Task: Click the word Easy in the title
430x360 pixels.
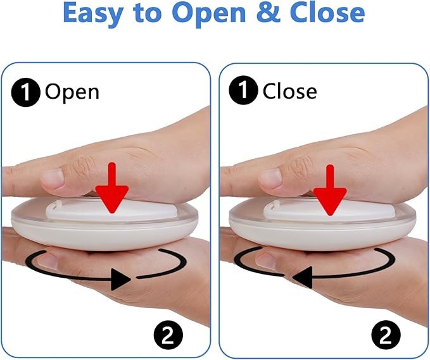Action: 92,13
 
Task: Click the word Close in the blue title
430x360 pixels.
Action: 327,13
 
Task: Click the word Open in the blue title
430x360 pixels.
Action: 209,15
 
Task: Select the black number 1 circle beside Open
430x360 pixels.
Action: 25,92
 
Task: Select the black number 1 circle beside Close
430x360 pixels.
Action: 243,90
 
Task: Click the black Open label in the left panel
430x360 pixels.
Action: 72,92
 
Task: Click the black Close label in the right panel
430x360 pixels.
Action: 289,90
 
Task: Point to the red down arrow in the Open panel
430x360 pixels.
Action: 112,188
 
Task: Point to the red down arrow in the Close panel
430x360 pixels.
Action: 330,190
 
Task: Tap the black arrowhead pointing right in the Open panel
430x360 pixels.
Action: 121,279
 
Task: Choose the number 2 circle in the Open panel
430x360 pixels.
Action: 168,335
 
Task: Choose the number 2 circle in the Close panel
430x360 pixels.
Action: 386,335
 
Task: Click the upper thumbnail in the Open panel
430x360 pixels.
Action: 53,178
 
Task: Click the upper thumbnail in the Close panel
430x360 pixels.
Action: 270,178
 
